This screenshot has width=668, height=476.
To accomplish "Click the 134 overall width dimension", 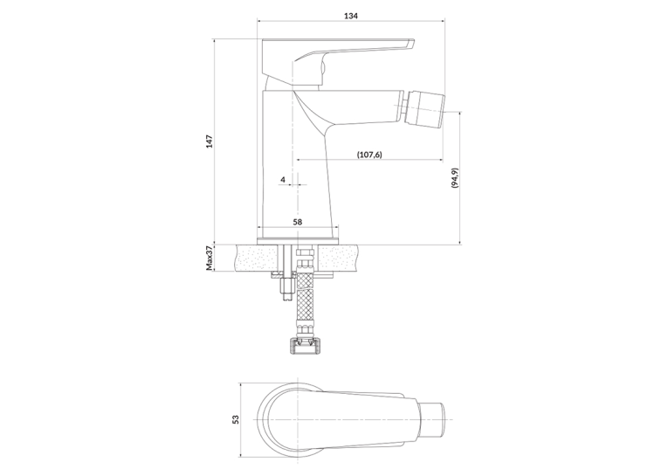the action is pyautogui.click(x=351, y=17).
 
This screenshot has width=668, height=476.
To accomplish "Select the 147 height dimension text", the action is pyautogui.click(x=210, y=141).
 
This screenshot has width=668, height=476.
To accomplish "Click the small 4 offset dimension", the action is pyautogui.click(x=283, y=180).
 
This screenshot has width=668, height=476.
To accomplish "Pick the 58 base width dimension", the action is pyautogui.click(x=298, y=222).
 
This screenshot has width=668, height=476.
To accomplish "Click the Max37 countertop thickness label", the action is pyautogui.click(x=210, y=258).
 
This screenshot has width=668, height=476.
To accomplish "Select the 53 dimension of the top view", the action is pyautogui.click(x=236, y=419).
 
